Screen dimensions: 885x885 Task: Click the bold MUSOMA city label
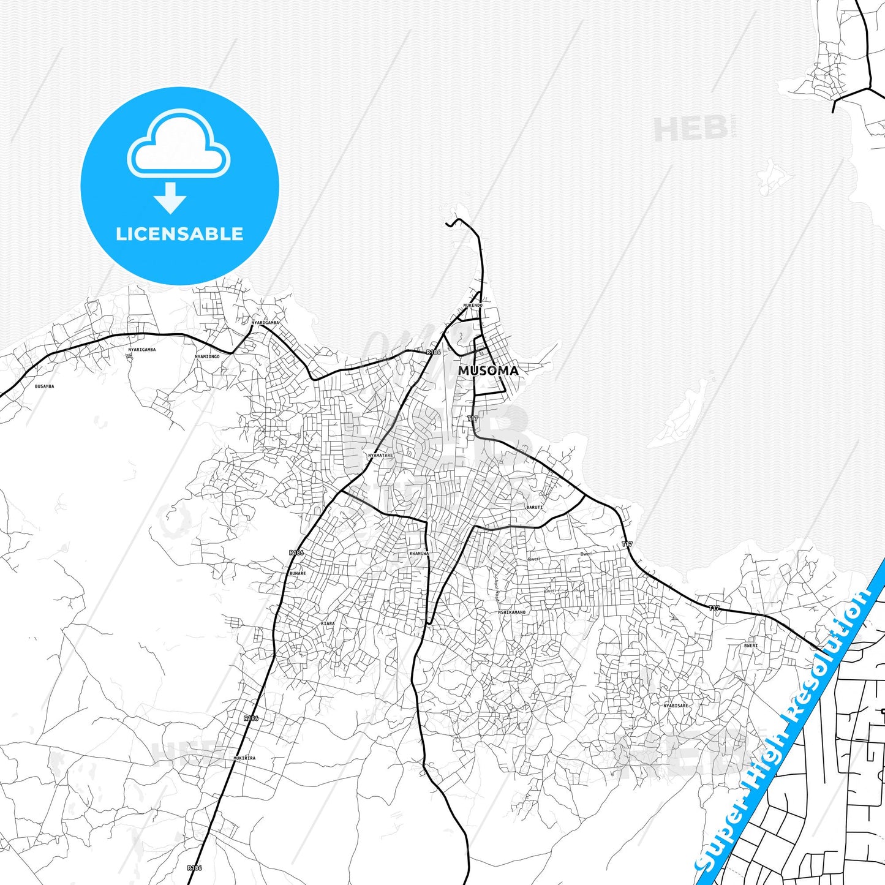(488, 371)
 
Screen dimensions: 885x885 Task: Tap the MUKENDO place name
(472, 305)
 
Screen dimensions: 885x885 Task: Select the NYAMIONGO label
(207, 356)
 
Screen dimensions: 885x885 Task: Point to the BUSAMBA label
(44, 386)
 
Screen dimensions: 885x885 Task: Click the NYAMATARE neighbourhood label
(380, 456)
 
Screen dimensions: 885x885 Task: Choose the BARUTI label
(534, 507)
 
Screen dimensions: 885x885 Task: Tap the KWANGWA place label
(419, 554)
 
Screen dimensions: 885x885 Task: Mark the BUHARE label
(297, 574)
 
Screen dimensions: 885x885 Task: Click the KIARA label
(328, 623)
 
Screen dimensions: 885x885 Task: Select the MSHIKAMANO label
(511, 612)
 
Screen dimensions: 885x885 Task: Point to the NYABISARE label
(676, 706)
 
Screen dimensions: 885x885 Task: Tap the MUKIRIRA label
(244, 758)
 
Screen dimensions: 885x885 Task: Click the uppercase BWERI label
(751, 646)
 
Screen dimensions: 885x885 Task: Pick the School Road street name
(496, 587)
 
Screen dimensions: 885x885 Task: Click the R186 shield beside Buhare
(296, 552)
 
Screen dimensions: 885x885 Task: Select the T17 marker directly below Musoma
(472, 419)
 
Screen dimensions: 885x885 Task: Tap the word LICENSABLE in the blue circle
(179, 234)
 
